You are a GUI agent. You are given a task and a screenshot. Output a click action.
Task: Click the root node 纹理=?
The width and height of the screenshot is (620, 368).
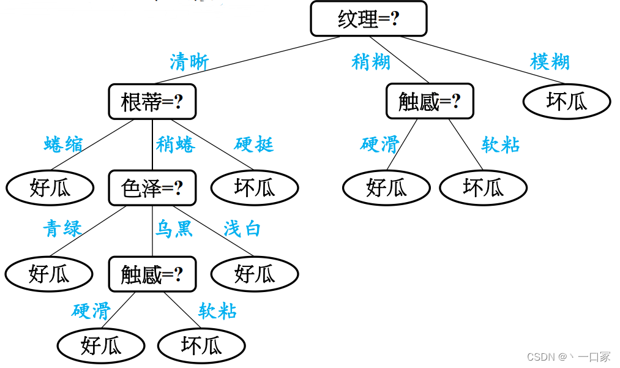(x=368, y=19)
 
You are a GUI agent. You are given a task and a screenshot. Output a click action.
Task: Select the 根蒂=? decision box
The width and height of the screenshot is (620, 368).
(x=152, y=102)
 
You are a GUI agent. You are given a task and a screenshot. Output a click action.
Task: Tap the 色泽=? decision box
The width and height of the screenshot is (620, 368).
(x=152, y=188)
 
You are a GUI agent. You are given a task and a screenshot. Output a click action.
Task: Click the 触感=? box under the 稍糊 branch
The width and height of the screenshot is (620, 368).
(x=430, y=102)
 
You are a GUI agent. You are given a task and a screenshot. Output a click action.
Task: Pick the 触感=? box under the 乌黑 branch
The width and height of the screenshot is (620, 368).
(x=152, y=274)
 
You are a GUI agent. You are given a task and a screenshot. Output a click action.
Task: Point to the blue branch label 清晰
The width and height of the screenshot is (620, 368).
(x=189, y=62)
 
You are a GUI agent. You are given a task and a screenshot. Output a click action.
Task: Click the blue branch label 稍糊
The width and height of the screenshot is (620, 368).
(x=371, y=62)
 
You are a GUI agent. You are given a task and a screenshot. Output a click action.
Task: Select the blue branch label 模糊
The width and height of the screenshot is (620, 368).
(x=550, y=62)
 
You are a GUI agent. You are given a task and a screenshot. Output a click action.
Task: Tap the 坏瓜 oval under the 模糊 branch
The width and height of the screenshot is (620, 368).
(x=567, y=102)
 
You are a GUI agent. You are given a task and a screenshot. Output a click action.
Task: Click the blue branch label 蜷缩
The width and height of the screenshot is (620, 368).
(x=64, y=145)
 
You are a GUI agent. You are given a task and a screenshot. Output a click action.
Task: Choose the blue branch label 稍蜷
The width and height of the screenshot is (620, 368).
(x=176, y=145)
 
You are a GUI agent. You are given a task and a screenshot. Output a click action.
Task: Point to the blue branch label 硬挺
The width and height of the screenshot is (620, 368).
(x=254, y=145)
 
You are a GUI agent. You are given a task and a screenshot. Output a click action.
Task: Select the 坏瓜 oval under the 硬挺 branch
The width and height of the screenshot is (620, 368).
(x=255, y=188)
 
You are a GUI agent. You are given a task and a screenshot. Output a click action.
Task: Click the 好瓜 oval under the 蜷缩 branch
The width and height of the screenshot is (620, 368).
(x=50, y=188)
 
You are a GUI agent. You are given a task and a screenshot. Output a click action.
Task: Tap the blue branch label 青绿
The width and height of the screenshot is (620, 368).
(x=62, y=229)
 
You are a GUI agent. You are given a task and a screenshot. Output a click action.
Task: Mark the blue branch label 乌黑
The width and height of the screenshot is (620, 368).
(x=174, y=229)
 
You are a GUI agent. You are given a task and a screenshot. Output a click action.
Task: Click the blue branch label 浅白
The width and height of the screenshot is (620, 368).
(x=242, y=229)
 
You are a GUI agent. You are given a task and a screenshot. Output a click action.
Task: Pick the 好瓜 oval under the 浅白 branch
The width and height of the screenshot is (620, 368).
(x=255, y=274)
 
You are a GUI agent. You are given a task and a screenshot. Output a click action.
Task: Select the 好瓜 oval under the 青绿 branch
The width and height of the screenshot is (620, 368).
(x=49, y=274)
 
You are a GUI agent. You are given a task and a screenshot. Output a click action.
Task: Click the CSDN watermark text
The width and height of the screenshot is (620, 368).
(x=569, y=356)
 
